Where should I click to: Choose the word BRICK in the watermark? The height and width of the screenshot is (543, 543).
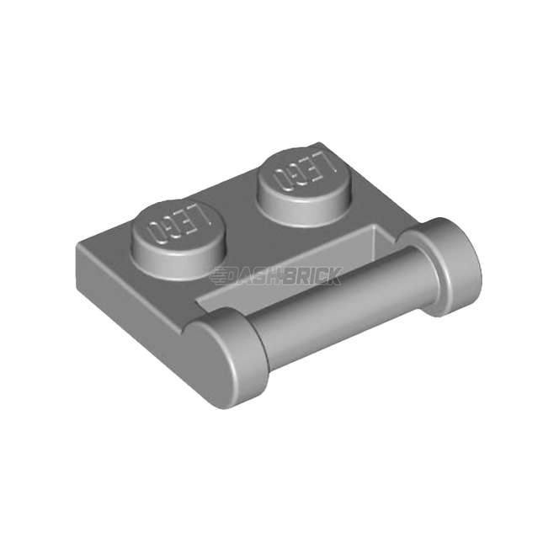coord(311,276)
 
